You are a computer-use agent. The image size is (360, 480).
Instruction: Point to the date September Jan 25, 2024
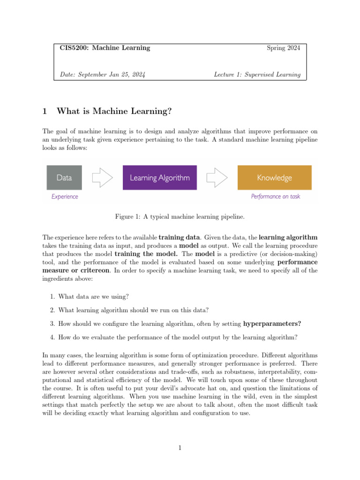(103, 74)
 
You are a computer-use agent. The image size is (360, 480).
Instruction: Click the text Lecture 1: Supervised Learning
(257, 74)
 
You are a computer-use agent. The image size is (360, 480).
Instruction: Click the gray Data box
(64, 178)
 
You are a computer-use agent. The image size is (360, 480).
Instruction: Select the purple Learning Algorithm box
(159, 178)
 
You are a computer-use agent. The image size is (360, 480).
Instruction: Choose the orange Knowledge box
(274, 178)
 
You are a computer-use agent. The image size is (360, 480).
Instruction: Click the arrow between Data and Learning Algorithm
(102, 178)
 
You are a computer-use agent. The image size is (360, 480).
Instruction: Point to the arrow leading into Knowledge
(217, 178)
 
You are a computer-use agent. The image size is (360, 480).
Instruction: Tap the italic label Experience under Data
(65, 197)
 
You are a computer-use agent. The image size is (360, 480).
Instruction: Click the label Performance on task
(275, 197)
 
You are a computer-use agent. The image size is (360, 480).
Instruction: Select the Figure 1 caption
(180, 217)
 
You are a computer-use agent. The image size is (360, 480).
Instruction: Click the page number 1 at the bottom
(180, 448)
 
